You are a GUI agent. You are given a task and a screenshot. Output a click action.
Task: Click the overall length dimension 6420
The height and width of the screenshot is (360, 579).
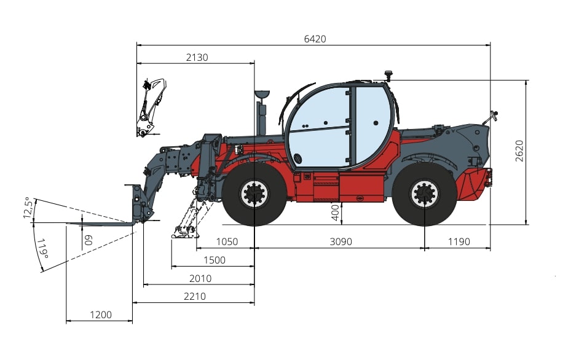(x=315, y=39)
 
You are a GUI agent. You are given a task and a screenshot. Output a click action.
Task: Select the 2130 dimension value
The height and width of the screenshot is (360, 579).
(x=197, y=57)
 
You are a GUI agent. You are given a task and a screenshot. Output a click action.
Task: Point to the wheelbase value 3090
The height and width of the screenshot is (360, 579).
(x=341, y=241)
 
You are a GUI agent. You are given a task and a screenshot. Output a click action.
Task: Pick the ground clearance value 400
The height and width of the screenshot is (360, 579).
(x=334, y=213)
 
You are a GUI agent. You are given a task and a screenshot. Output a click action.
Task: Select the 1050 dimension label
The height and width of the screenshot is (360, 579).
(x=226, y=241)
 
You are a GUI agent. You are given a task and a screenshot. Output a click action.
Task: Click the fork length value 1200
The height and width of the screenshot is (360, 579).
(x=100, y=315)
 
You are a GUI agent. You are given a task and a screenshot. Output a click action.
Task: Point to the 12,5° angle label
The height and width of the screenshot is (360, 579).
(x=27, y=208)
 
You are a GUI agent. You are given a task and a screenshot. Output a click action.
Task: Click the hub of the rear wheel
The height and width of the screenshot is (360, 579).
(x=424, y=194)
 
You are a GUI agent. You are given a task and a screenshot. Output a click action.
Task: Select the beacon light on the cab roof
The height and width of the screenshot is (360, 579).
(x=388, y=76)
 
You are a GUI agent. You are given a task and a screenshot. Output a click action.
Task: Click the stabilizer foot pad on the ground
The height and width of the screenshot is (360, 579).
(x=184, y=232)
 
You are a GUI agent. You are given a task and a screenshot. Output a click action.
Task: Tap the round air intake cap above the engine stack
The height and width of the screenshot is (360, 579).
(x=262, y=95)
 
